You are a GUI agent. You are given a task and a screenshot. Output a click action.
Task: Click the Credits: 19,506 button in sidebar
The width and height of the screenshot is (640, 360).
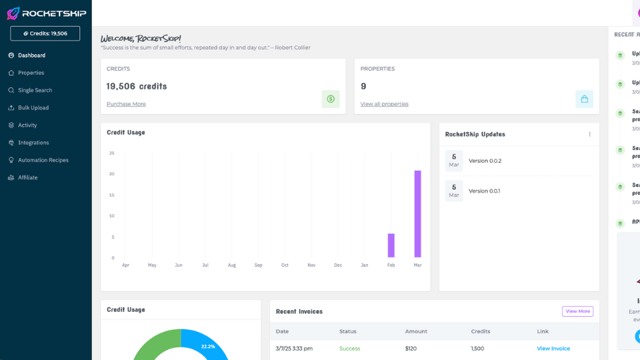[x=45, y=33]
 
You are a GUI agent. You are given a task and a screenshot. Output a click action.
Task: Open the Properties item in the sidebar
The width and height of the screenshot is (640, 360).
[x=31, y=73]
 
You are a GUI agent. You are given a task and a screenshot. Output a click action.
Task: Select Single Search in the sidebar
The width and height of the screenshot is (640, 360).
[x=35, y=90]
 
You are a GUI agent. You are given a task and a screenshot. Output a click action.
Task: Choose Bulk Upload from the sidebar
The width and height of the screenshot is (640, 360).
[x=33, y=107]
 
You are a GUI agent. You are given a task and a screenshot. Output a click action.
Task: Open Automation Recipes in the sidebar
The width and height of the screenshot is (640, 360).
[x=43, y=160]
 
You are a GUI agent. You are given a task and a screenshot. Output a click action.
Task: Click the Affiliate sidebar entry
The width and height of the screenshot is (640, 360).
[x=27, y=177]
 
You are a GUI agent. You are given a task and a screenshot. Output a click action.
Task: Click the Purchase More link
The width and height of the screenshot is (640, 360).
[x=126, y=104]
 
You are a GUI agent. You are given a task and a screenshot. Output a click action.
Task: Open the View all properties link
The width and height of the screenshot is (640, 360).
[x=384, y=104]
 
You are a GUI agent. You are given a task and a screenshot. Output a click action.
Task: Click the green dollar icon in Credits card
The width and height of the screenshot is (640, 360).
[x=331, y=99]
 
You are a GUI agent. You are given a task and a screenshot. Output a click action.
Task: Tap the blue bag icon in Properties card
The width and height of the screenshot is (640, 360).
[x=584, y=99]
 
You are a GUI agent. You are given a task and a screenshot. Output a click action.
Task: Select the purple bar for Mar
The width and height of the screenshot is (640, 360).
[x=417, y=213]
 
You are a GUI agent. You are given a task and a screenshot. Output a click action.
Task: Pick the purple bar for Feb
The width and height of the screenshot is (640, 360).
[x=391, y=245]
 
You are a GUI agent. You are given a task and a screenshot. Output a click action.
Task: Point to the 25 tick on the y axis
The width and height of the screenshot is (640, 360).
[x=112, y=153]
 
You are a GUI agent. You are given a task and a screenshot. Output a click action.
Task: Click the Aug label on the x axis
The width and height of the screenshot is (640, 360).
[x=232, y=265]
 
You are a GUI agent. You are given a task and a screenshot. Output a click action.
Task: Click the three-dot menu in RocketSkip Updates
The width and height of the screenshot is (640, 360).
[x=589, y=134]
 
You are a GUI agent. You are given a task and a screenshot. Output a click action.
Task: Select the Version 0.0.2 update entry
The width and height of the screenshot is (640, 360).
[x=485, y=161]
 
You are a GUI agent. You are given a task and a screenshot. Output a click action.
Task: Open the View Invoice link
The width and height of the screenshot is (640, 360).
[x=553, y=349]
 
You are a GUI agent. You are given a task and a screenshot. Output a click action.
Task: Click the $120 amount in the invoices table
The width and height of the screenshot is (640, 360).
[x=411, y=349]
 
